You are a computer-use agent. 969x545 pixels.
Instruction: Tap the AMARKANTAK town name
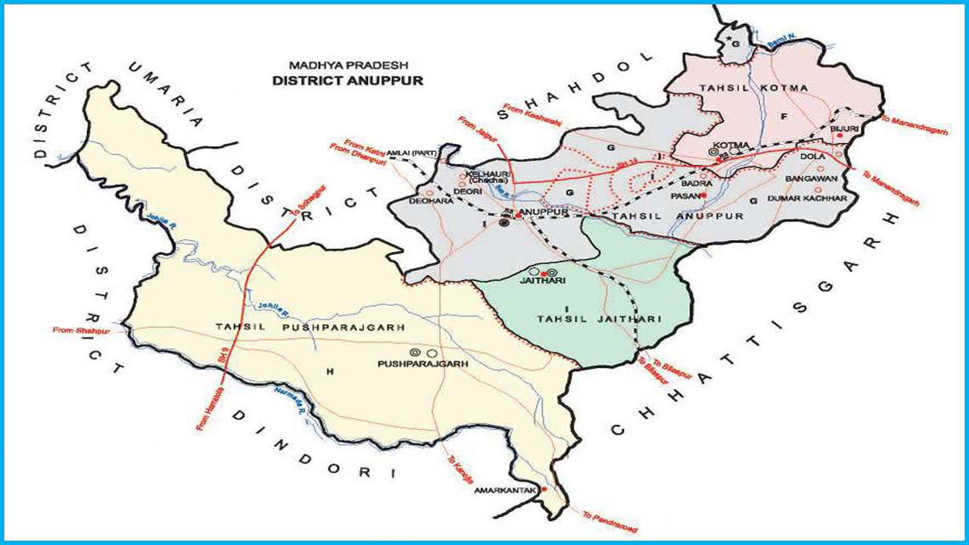coord(505,490)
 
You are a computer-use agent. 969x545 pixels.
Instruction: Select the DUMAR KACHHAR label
coord(806,198)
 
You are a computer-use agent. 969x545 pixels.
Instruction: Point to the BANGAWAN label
coord(809,178)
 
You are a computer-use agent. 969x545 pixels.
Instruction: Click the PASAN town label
coord(684,195)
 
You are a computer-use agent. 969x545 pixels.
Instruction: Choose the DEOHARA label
coord(425,202)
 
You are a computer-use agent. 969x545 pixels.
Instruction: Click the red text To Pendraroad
coord(609,521)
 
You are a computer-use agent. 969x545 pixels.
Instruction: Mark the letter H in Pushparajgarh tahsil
coord(329,371)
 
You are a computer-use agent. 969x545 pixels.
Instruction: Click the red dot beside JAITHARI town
coord(544,272)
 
